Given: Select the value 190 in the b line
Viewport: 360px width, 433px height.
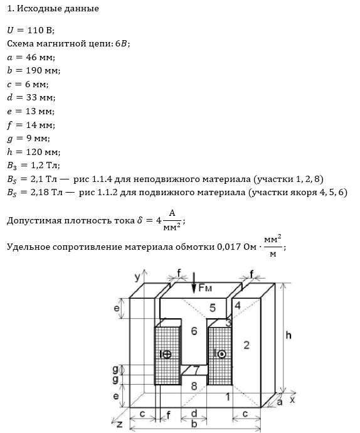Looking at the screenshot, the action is tap(34, 70).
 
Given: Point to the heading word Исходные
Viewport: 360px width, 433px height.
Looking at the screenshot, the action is tap(40, 9).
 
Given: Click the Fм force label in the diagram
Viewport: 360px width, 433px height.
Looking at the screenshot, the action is tap(205, 288).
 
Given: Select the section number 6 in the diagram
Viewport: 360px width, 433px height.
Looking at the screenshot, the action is tap(194, 331).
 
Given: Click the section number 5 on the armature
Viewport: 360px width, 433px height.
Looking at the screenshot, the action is tap(213, 307).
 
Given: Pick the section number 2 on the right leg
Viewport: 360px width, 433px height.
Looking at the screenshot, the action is tap(246, 345).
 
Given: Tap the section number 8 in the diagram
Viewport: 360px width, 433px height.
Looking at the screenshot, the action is tap(194, 386).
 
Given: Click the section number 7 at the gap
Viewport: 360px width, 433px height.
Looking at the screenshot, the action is tap(196, 370).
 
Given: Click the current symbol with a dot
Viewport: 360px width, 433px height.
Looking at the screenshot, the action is tap(220, 354).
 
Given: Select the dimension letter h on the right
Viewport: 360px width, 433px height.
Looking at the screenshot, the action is tap(289, 335).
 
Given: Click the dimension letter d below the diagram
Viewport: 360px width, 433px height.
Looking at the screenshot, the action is tap(194, 414).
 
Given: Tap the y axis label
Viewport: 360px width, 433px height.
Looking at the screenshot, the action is tap(137, 277).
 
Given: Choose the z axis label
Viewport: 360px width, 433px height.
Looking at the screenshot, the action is tap(119, 424).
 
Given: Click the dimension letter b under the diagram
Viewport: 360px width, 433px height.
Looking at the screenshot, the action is tap(194, 424).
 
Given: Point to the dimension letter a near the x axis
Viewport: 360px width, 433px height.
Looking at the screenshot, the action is tap(279, 402).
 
